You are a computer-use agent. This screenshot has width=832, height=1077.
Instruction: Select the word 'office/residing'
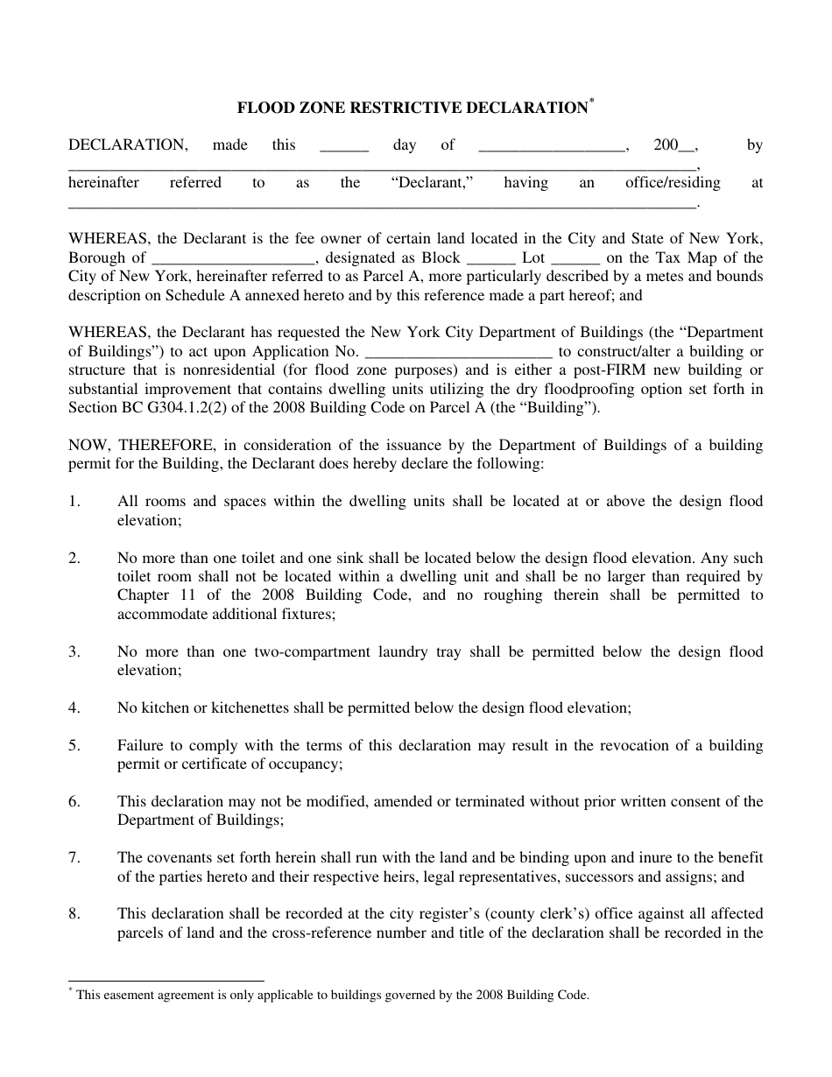(673, 183)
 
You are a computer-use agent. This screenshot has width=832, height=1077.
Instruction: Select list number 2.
(74, 558)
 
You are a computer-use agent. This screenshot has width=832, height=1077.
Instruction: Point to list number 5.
(74, 745)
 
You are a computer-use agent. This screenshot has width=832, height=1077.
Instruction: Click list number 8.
(74, 913)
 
